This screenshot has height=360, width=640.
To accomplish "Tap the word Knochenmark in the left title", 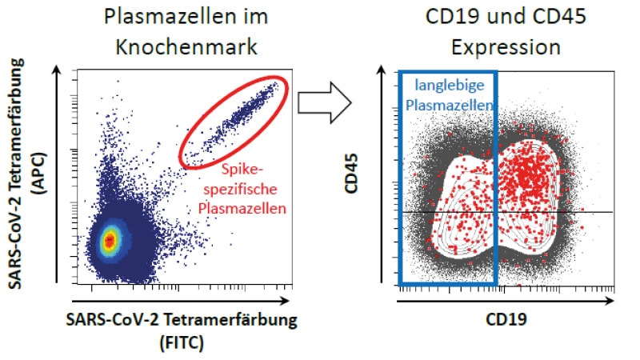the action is tap(186, 46).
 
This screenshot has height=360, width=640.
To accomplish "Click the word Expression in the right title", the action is tap(506, 47).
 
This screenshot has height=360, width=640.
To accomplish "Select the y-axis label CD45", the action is tap(351, 173).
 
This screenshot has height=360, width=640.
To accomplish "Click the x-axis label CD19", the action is tap(506, 319).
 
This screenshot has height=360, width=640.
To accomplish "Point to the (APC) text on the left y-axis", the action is tap(39, 173).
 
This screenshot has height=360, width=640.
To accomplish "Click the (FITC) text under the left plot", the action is tap(182, 342).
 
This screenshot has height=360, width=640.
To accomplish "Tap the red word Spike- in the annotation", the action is tap(241, 169).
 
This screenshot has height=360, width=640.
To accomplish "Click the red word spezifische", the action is tap(241, 189).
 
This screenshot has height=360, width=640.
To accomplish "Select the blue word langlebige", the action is tap(450, 86).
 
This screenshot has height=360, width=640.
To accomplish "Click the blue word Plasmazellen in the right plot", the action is tap(449, 105).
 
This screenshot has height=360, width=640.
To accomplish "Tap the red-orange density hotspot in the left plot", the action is tap(109, 241).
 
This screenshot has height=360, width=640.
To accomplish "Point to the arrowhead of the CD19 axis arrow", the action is tap(610, 302).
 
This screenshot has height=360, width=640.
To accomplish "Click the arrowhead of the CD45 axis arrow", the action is tap(382, 70).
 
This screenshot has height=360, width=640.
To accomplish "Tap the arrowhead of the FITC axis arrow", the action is tap(286, 302).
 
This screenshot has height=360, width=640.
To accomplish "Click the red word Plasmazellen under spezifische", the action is tap(242, 208).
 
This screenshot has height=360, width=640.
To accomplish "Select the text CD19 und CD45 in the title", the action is tap(506, 17).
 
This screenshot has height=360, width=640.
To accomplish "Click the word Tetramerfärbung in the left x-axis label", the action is tap(230, 319).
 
